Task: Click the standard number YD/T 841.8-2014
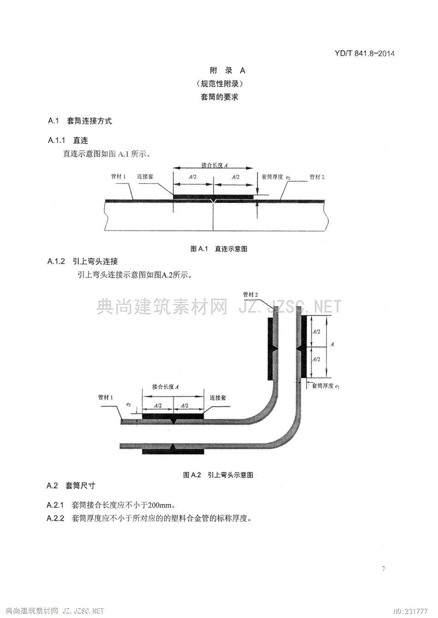(365, 53)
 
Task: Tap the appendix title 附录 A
(227, 70)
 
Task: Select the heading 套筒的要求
(219, 97)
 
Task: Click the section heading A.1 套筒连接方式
(80, 121)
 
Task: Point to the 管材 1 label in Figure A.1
(118, 177)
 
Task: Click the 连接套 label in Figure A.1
(145, 177)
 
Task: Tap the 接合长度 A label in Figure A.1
(214, 165)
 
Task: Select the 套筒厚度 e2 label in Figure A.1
(276, 177)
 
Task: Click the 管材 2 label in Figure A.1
(317, 177)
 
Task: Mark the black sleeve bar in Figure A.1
(213, 196)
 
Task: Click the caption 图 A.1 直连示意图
(219, 248)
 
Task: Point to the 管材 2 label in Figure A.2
(250, 295)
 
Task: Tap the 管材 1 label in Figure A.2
(106, 397)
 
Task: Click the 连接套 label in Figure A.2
(218, 398)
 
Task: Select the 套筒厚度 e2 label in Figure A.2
(326, 386)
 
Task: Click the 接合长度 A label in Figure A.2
(165, 387)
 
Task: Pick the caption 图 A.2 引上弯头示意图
(218, 475)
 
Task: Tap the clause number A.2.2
(55, 519)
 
